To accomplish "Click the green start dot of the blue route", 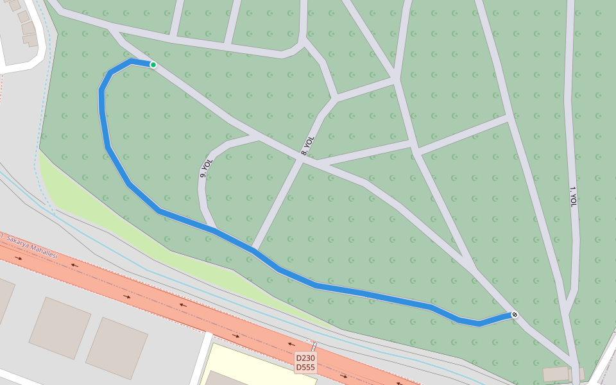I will coord(153,65).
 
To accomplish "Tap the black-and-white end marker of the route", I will coord(514,314).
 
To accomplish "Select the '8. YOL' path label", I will coord(308,146).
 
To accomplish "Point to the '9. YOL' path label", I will coord(206,168).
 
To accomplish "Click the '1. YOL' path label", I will coord(573,196).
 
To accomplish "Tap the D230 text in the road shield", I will coord(305,358).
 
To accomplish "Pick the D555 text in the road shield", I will coord(305,368).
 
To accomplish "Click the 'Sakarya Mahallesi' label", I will coord(32,247).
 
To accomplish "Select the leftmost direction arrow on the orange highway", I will coord(18,258).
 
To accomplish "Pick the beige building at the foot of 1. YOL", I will coord(556,374).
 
